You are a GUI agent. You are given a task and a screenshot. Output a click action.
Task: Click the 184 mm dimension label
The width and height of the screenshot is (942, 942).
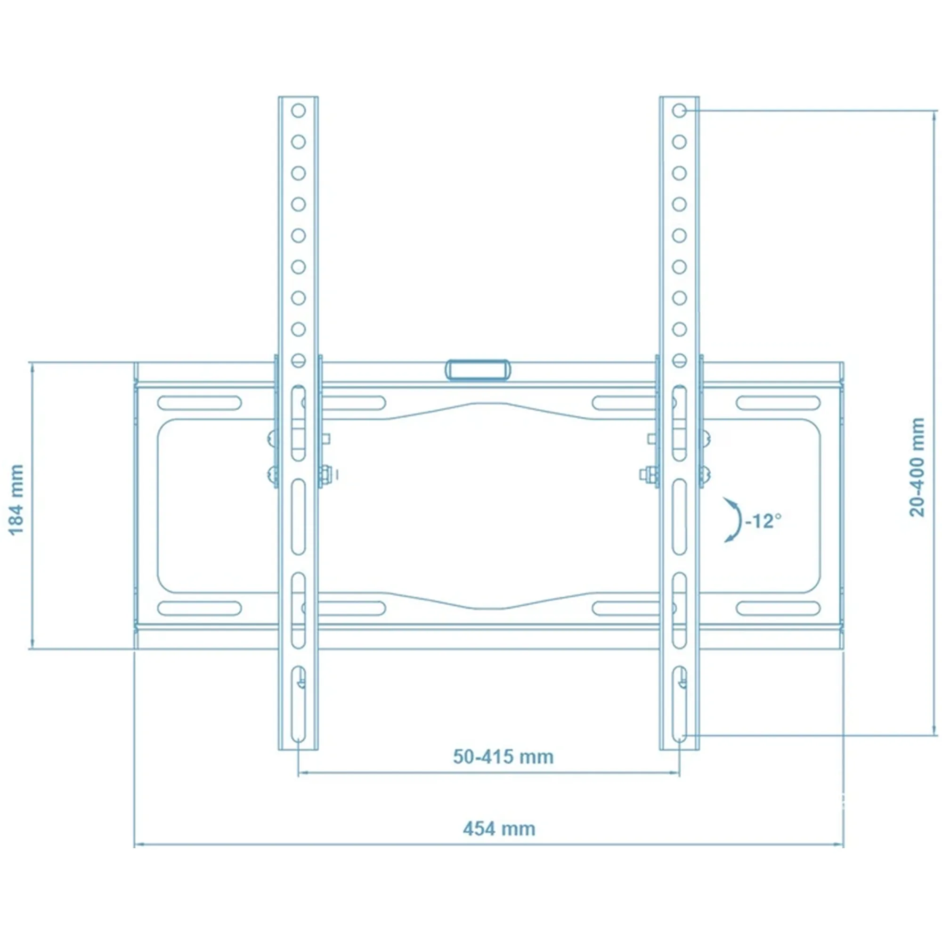pyautogui.click(x=16, y=499)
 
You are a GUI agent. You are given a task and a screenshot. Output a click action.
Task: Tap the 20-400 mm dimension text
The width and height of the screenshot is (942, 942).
pyautogui.click(x=917, y=467)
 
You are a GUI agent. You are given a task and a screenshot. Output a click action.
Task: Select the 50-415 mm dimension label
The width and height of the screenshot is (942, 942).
pyautogui.click(x=503, y=757)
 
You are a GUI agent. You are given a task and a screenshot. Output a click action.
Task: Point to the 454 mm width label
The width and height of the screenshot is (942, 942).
pyautogui.click(x=499, y=828)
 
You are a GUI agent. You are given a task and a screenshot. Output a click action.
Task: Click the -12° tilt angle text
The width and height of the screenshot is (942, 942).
pyautogui.click(x=763, y=521)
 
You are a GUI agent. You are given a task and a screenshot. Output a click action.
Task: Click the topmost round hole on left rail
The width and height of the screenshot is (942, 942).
pyautogui.click(x=299, y=111)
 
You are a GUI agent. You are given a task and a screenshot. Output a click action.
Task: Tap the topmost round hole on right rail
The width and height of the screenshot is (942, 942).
pyautogui.click(x=679, y=111)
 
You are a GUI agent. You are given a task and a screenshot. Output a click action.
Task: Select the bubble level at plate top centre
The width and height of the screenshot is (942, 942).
pyautogui.click(x=478, y=369)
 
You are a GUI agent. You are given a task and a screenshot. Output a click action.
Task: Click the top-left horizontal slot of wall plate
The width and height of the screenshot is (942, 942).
pyautogui.click(x=199, y=403)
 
